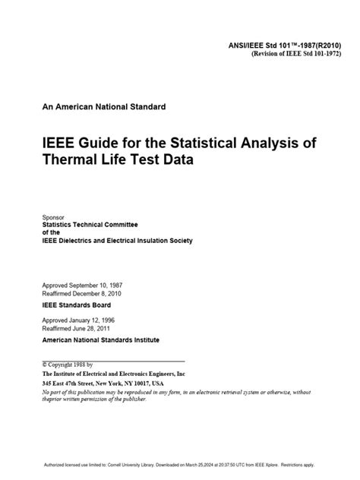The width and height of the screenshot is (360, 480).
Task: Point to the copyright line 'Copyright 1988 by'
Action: pyautogui.click(x=71, y=364)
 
